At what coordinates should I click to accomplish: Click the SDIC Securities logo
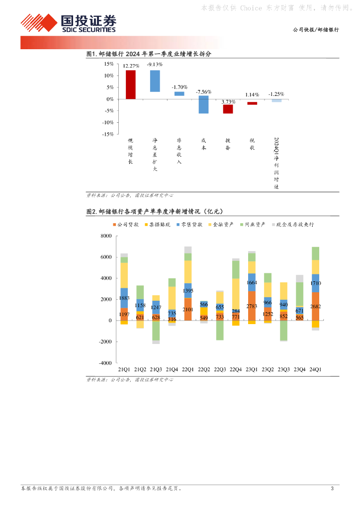[x=68, y=23]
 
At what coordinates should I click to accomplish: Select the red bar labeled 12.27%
[x=130, y=85]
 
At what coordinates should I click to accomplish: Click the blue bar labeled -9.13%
[x=155, y=81]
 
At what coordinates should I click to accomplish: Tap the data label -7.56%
[x=203, y=92]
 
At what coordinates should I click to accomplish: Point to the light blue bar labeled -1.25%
[x=276, y=100]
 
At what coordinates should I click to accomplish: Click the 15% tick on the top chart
[x=108, y=64]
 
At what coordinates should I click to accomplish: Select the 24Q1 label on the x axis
[x=315, y=370]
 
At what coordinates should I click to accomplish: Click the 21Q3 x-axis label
[x=156, y=370]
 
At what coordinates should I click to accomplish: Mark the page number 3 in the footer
[x=332, y=489]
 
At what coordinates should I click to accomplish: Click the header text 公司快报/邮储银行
[x=315, y=30]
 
